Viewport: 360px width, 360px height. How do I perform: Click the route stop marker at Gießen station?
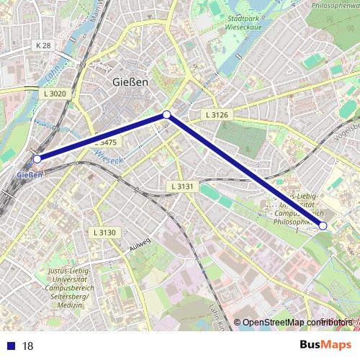tap(37, 158)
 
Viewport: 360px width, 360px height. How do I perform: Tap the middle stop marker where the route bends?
tap(166, 114)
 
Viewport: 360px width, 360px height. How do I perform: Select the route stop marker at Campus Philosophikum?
tap(323, 225)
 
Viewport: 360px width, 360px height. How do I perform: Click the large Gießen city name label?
tap(131, 82)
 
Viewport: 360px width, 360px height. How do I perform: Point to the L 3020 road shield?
tap(55, 94)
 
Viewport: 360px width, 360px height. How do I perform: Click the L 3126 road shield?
tap(216, 114)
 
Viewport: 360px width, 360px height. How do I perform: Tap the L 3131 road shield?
tap(183, 186)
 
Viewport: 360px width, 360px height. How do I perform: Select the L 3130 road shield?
tap(104, 232)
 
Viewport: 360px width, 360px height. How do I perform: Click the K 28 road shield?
tap(43, 45)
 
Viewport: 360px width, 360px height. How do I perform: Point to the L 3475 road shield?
tap(106, 143)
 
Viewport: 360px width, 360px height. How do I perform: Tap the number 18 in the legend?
tap(28, 346)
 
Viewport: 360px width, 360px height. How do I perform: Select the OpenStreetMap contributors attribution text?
tap(296, 323)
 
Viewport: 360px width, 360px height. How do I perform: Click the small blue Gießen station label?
tap(29, 174)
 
